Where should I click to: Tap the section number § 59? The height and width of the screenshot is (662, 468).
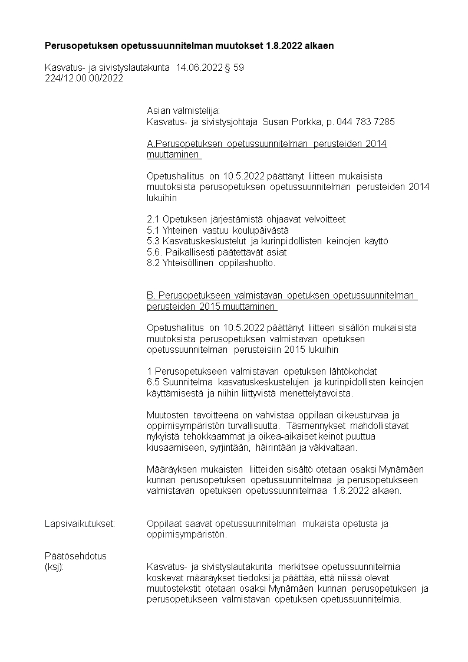(234, 68)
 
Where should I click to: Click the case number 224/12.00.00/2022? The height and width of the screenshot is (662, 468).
(84, 78)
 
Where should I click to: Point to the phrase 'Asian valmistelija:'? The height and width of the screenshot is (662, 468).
(183, 110)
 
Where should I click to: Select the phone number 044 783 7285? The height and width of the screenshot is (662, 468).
(365, 122)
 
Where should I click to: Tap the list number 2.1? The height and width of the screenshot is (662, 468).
(153, 219)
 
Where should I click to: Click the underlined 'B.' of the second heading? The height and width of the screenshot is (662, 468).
(151, 296)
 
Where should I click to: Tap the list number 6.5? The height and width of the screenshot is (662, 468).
(153, 382)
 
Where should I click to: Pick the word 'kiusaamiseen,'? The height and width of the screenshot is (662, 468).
(174, 448)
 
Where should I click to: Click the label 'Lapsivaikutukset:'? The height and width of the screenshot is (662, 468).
(80, 524)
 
